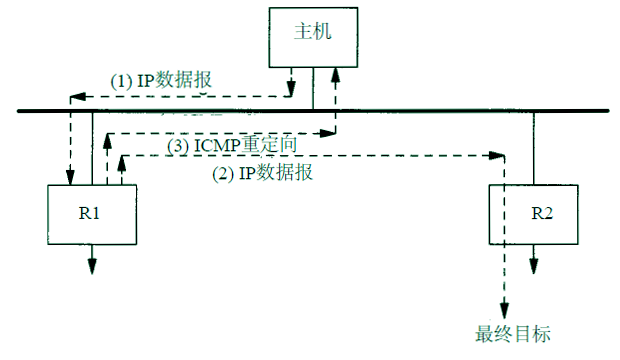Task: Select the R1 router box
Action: click(x=93, y=215)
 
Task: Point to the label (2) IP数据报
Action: click(x=263, y=172)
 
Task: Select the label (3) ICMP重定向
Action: click(x=233, y=146)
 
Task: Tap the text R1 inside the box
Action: click(x=93, y=215)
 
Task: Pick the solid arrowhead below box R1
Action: click(x=93, y=265)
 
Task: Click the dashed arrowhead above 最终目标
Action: click(x=506, y=307)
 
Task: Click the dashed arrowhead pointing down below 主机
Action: click(x=292, y=85)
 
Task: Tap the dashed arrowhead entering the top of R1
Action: click(x=70, y=178)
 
